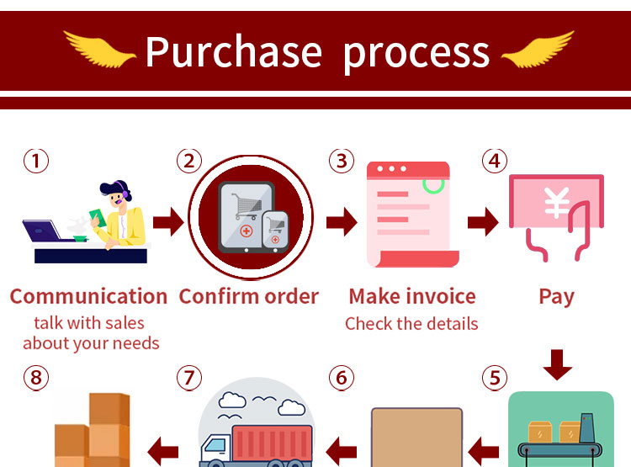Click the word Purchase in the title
coord(233,52)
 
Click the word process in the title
coord(416,52)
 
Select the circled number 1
coord(35,161)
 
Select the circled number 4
coord(495,161)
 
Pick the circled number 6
coord(341,379)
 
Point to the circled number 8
coord(35,379)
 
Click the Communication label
coord(88,296)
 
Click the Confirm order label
coord(249,296)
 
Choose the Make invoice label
coord(412,296)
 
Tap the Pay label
coord(556,296)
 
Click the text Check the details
coord(411,324)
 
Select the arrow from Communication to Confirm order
coord(167,223)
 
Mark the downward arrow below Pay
coord(557,364)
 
